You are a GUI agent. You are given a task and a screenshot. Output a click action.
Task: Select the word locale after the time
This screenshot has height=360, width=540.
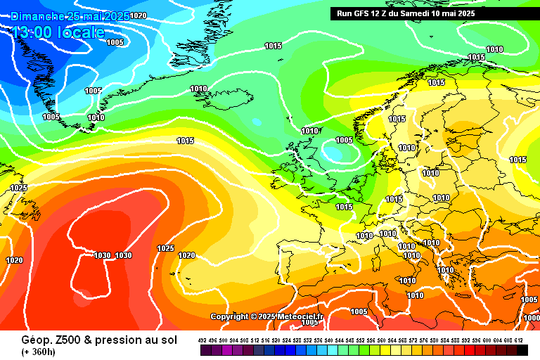pos(83,32)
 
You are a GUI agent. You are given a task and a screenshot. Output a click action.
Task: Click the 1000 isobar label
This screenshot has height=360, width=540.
pos(531,318)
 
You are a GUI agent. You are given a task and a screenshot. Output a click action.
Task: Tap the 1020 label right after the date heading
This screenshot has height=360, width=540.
pos(139,15)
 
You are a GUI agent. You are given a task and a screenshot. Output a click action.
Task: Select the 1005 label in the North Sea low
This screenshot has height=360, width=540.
pos(344,140)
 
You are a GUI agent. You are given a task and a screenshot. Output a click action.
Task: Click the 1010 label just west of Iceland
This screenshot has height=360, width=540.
pos(199,89)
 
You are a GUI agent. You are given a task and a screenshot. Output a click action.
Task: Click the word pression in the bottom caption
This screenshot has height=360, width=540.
pos(107,339)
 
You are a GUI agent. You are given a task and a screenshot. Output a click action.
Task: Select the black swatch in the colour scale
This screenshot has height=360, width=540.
pos(522,349)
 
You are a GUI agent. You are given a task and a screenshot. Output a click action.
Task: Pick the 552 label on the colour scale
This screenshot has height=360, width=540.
pos(360,340)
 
